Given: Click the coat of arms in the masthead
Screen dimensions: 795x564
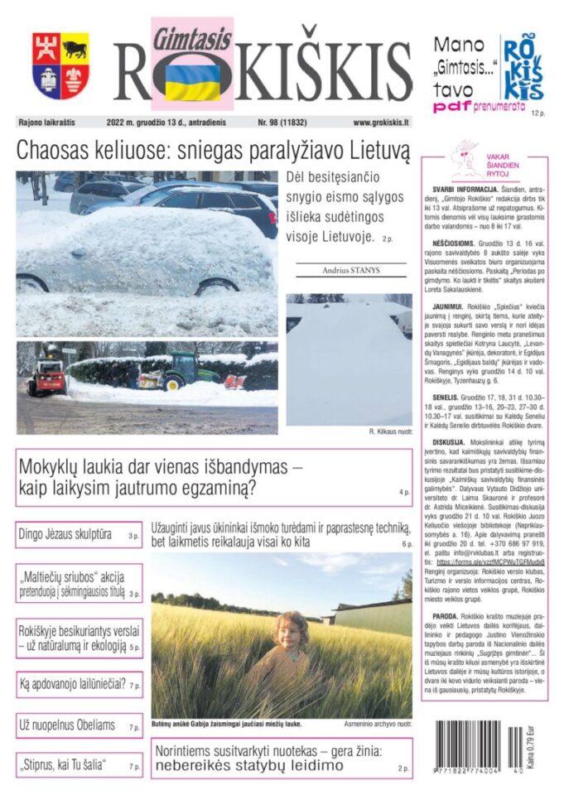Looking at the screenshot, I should tap(60, 66).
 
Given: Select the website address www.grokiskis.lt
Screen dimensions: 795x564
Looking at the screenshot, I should tap(381, 123).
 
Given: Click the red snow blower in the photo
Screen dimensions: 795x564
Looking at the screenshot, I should tap(46, 377).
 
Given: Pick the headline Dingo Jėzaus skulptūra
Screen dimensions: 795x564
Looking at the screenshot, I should tap(65, 535).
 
